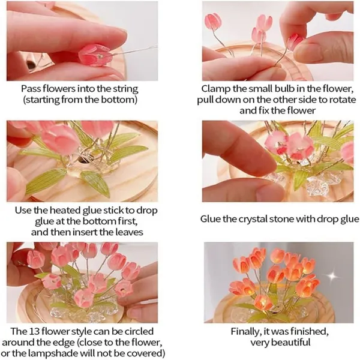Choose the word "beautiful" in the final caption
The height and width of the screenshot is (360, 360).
coord(292,343)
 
